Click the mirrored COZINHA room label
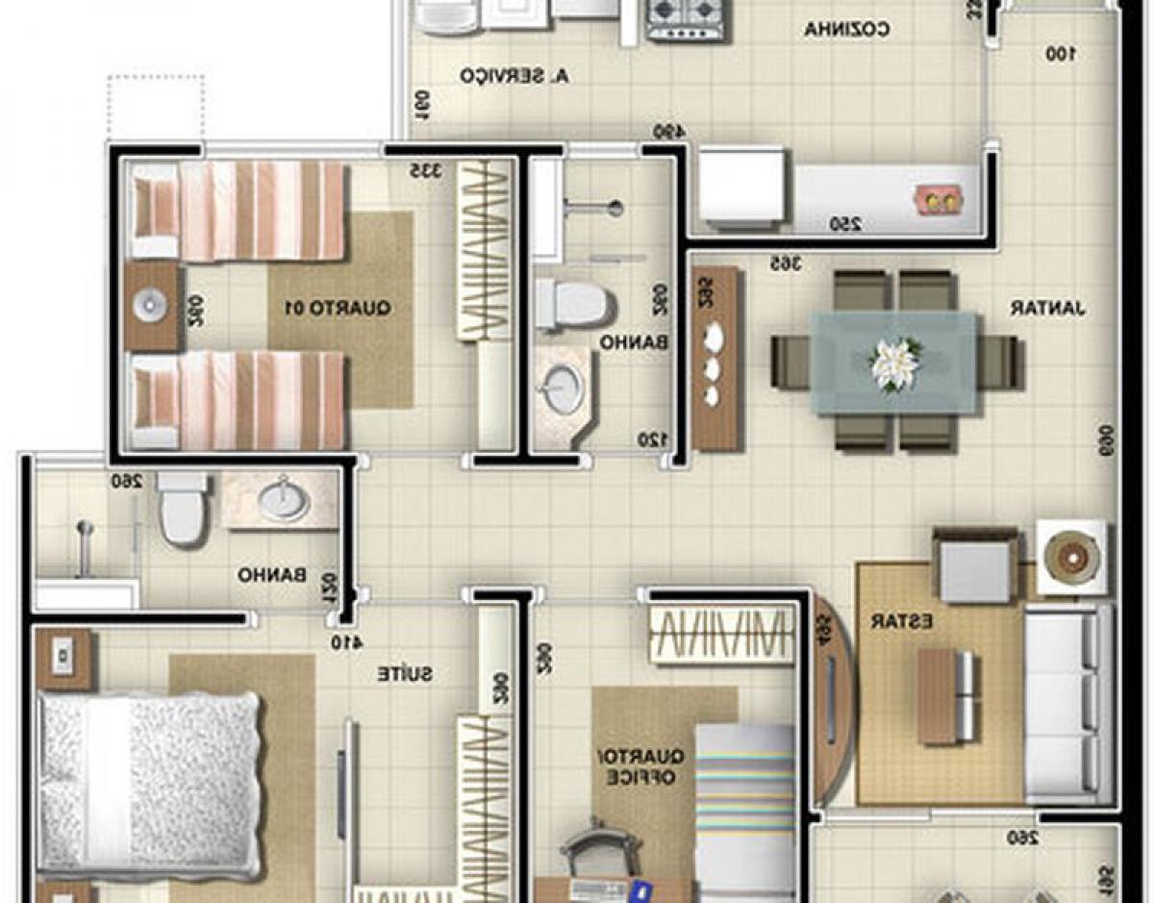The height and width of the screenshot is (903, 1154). pos(847,30)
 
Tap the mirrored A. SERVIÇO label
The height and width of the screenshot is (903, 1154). pos(514,75)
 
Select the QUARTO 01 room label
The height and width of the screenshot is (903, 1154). pos(338,309)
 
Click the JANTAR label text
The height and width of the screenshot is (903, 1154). pos(1047,309)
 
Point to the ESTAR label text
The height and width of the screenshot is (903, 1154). pos(901,621)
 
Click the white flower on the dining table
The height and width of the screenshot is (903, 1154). pos(894,364)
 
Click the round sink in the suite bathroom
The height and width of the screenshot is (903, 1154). pos(284,500)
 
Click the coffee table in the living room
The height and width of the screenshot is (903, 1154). pos(947,695)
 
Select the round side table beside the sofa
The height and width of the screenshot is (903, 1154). pos(1070,556)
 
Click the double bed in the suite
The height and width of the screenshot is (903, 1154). pos(149,779)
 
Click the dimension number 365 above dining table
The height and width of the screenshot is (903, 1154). pos(787,263)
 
